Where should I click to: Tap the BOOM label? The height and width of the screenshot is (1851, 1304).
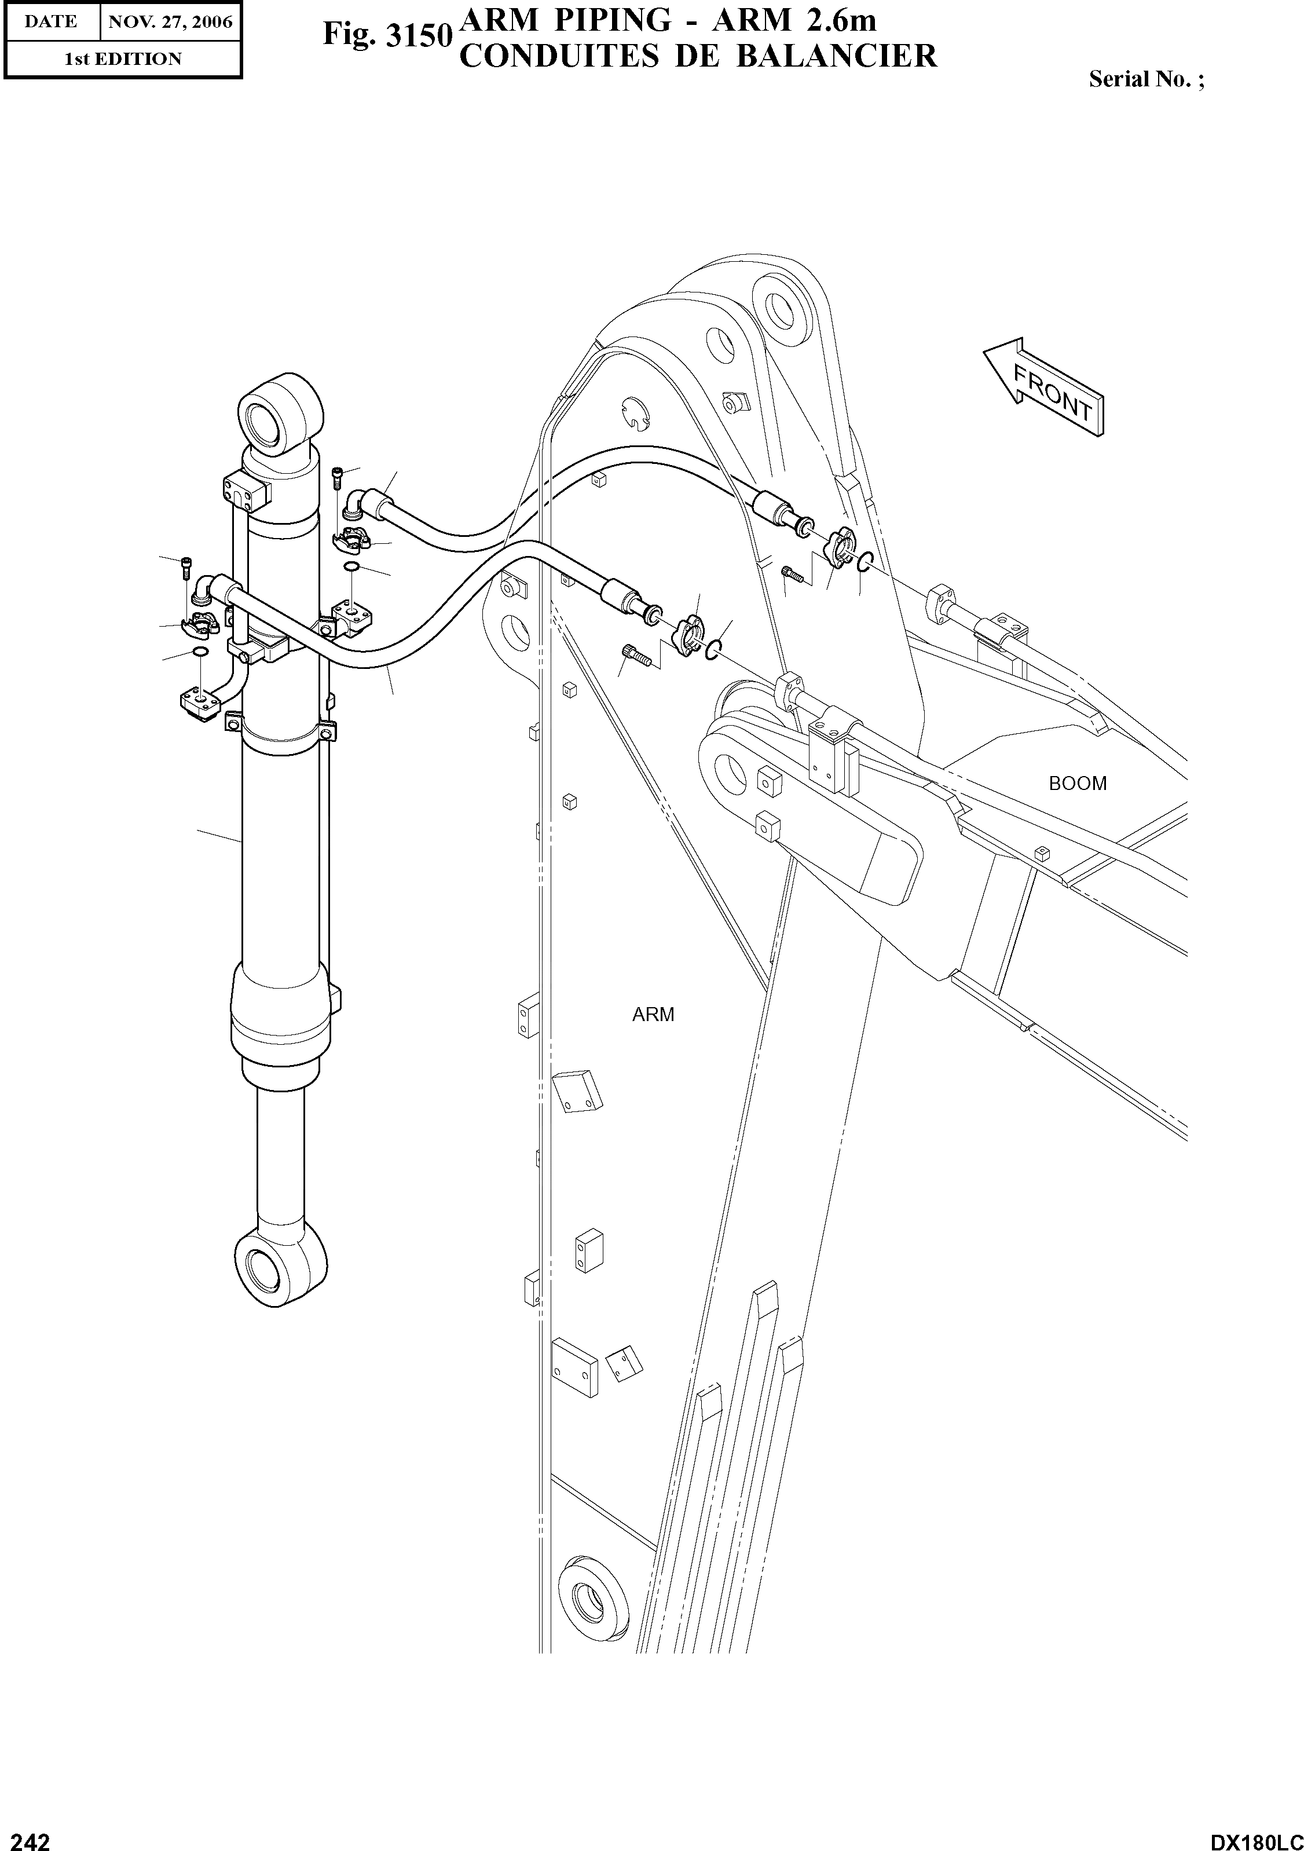pyautogui.click(x=1078, y=784)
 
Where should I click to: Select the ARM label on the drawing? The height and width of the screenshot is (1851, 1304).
pyautogui.click(x=653, y=1015)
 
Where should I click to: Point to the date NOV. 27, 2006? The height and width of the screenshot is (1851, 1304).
pyautogui.click(x=170, y=22)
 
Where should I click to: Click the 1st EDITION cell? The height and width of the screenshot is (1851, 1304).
pyautogui.click(x=123, y=59)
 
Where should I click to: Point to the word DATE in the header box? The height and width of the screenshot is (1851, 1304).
pyautogui.click(x=51, y=22)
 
